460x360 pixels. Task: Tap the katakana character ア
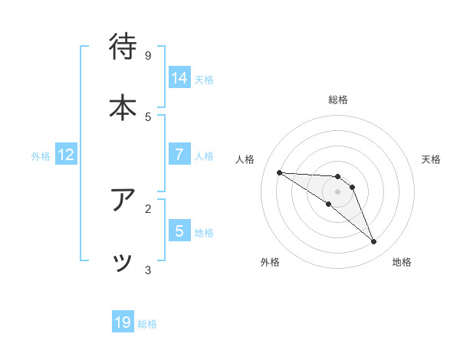click(123, 200)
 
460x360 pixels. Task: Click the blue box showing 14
click(179, 78)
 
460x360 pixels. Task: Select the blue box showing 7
click(179, 155)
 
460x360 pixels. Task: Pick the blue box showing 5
click(179, 231)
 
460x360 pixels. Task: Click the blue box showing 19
click(123, 322)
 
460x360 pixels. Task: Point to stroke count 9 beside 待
click(148, 55)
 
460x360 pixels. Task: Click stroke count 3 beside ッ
click(148, 270)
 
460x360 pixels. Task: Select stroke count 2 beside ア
click(148, 208)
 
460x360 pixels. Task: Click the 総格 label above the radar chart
click(338, 100)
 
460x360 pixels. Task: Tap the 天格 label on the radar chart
click(431, 159)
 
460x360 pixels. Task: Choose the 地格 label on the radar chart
click(402, 262)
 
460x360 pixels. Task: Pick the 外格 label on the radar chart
click(270, 262)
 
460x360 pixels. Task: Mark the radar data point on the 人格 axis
click(279, 172)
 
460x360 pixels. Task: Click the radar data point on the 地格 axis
click(374, 242)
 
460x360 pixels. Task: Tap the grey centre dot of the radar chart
click(337, 191)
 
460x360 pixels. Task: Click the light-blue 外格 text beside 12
click(41, 156)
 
